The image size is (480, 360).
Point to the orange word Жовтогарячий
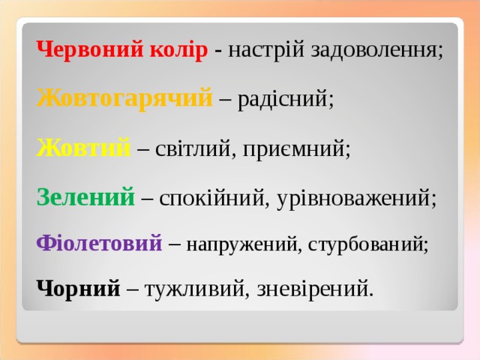click(124, 99)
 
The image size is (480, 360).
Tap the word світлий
click(190, 148)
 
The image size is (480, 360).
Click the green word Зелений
click(85, 197)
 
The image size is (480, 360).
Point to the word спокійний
click(213, 198)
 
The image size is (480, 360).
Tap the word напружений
click(240, 244)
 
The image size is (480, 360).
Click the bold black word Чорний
click(78, 286)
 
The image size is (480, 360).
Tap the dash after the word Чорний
click(131, 288)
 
